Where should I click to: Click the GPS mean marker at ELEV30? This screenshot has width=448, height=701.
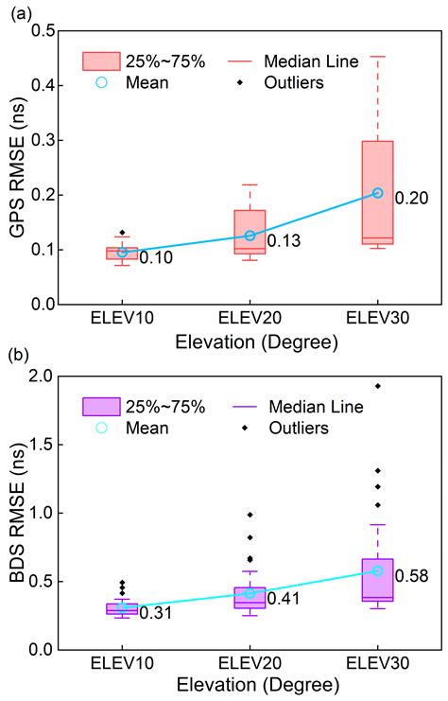[378, 193]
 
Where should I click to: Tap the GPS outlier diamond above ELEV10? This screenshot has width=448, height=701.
[123, 232]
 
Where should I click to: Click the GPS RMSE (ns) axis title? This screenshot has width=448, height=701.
[16, 168]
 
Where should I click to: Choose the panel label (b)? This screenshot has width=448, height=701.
[16, 358]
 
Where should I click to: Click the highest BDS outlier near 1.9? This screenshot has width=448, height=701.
[378, 386]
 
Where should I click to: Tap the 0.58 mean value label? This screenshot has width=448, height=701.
[412, 575]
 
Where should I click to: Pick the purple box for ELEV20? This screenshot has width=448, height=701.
[250, 597]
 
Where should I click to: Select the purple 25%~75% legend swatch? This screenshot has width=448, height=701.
[102, 407]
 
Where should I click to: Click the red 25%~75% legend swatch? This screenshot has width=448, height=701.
[102, 61]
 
